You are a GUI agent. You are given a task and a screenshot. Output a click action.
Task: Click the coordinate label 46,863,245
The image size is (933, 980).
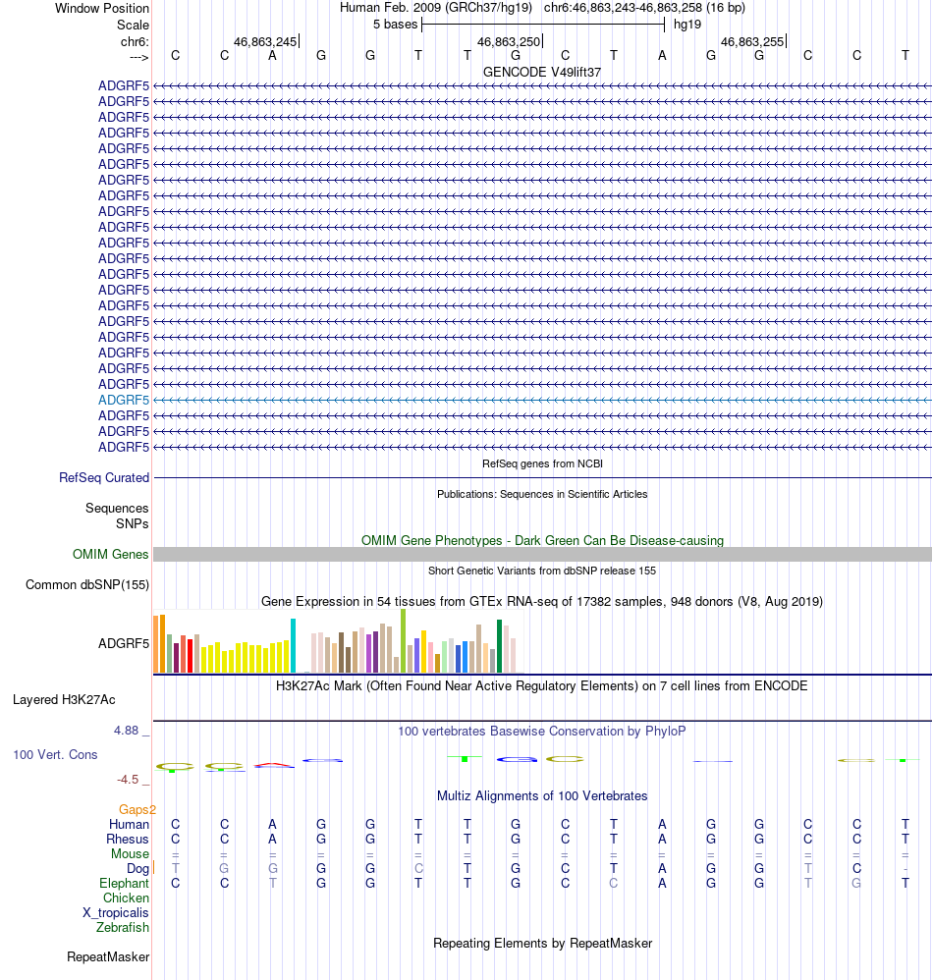point(264,42)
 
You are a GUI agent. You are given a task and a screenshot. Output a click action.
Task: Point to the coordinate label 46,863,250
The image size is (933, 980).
point(508,42)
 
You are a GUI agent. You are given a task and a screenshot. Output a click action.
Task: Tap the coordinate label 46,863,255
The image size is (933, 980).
point(751,42)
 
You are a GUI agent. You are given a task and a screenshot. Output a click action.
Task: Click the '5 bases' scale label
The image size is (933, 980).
point(395,25)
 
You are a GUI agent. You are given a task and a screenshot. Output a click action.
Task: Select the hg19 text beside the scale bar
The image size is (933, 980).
point(686,25)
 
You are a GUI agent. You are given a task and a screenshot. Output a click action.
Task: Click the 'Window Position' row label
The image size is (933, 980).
point(102,8)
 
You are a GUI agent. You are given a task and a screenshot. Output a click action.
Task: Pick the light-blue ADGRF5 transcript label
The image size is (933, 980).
point(124,400)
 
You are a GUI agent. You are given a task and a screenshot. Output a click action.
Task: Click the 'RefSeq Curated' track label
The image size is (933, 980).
point(104,478)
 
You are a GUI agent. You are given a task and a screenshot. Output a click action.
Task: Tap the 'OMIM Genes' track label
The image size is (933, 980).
point(111,555)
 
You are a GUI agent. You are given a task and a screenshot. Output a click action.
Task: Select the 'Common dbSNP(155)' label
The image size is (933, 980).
point(87,585)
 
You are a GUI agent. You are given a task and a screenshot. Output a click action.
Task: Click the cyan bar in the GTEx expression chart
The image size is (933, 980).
point(293,645)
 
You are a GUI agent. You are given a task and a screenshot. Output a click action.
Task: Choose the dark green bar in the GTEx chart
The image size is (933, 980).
point(499,645)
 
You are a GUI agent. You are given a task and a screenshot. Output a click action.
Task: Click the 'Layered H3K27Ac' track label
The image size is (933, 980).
point(64,700)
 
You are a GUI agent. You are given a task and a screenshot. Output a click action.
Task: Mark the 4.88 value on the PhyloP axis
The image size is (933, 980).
point(128,731)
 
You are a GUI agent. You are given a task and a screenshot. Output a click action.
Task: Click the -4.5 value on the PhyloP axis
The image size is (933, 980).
point(128,780)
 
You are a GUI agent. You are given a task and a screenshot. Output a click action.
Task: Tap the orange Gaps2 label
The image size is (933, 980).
point(137,810)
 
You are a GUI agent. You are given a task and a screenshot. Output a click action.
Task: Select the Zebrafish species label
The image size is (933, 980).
point(123,928)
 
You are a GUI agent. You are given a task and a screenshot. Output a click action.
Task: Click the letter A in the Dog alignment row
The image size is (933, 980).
point(662,869)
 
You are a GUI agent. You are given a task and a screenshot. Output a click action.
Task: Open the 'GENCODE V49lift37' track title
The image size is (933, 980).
point(542,72)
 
